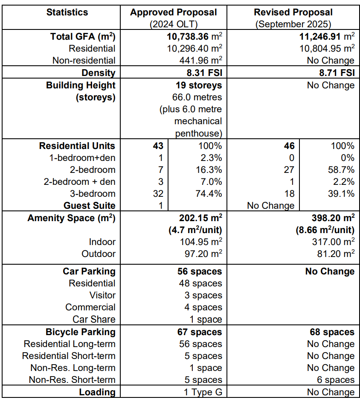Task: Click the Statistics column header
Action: click(67, 12)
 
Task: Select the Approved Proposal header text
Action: click(173, 12)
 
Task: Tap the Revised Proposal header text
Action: click(293, 12)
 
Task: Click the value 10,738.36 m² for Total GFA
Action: click(194, 37)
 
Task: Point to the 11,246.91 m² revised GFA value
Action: click(327, 37)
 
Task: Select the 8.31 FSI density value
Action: click(202, 73)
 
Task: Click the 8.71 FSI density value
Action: click(334, 73)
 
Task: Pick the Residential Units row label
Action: click(77, 146)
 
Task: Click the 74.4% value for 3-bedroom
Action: click(209, 194)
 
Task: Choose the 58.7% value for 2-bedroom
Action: click(341, 170)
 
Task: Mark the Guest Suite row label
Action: click(90, 206)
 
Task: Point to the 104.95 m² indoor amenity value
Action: click(200, 242)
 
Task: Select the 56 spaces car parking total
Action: click(200, 272)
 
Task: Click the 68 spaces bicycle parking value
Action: click(332, 332)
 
